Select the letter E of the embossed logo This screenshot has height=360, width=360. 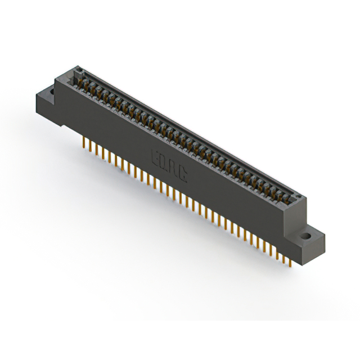click(x=155, y=157)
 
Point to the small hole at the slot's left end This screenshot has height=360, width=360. click(x=79, y=71)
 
